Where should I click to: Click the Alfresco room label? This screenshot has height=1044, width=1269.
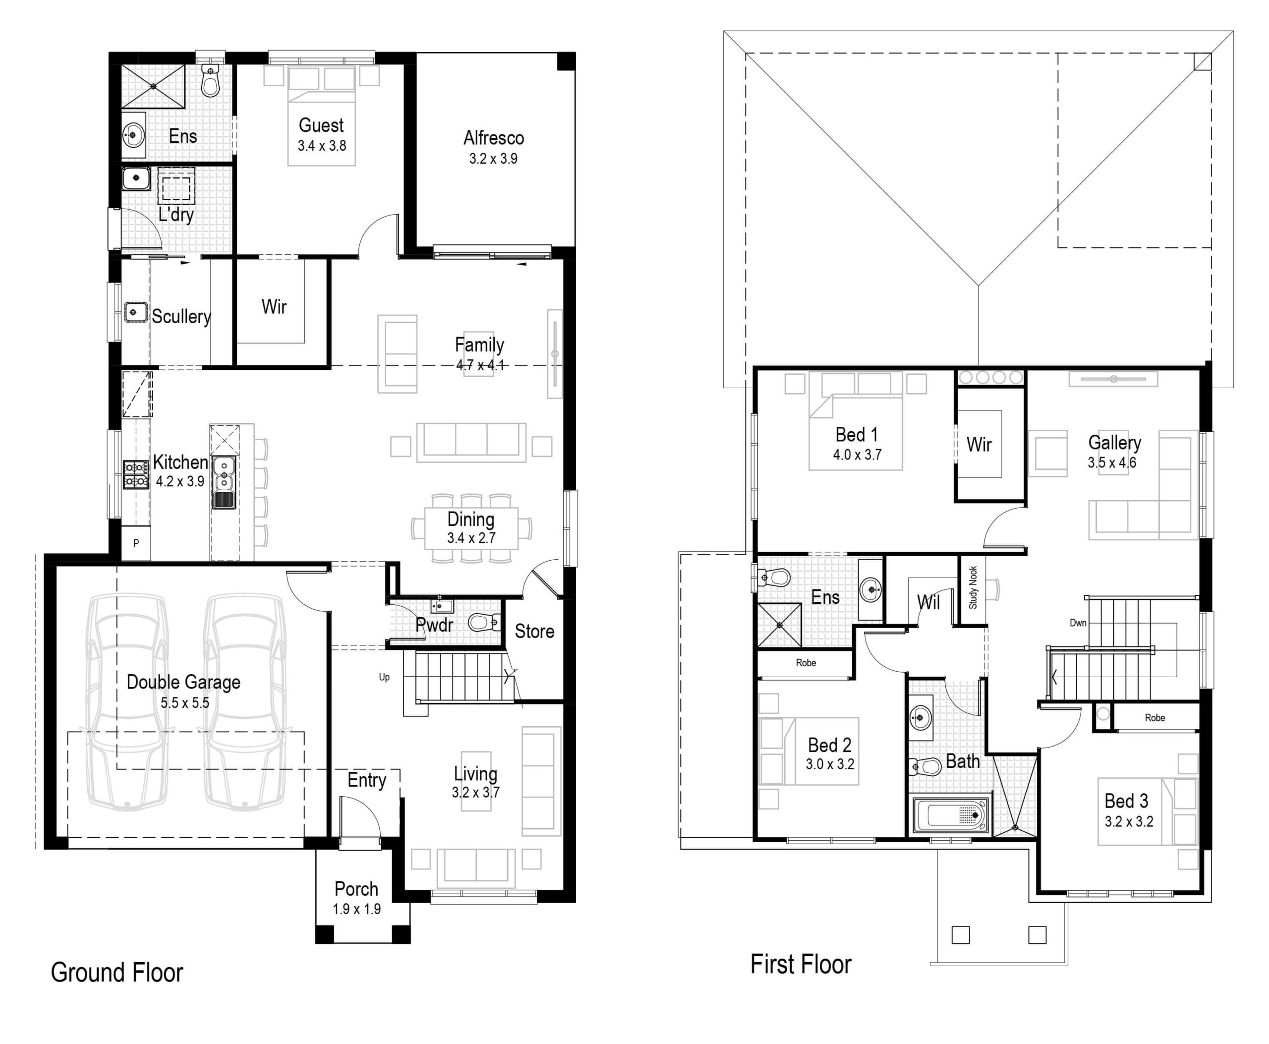(x=493, y=138)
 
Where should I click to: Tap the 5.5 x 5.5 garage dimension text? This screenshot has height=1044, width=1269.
(x=184, y=702)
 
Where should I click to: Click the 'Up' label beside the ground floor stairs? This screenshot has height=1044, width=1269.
(x=384, y=677)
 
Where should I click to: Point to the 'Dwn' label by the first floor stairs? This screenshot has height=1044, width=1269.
(x=1078, y=623)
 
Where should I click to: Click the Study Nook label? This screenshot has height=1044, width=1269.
(x=973, y=587)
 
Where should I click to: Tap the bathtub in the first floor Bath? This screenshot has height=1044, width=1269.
(x=951, y=815)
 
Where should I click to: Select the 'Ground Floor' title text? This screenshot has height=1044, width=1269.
(x=116, y=973)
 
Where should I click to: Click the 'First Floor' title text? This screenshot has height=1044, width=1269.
(x=801, y=964)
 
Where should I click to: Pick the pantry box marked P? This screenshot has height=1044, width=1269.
(x=136, y=543)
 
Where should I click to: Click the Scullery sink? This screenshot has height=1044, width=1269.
(x=136, y=311)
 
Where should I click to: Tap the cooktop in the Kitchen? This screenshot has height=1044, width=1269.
(x=136, y=474)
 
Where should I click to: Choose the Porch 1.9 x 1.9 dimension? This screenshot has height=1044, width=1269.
(x=356, y=909)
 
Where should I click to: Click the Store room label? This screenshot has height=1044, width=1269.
(x=534, y=632)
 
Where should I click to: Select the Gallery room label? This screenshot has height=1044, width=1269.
(x=1114, y=443)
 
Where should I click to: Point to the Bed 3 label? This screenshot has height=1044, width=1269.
(x=1126, y=801)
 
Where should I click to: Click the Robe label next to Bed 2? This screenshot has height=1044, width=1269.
(x=806, y=663)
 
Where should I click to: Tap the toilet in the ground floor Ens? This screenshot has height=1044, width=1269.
(x=209, y=81)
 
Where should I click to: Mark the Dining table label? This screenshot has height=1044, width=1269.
(x=471, y=520)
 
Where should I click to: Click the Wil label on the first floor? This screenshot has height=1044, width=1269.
(x=928, y=602)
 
